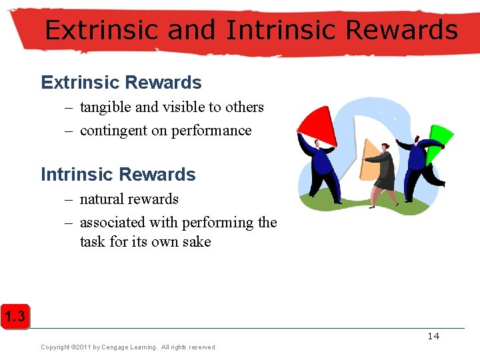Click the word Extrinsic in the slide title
coord(101,31)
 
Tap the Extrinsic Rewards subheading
coord(121,83)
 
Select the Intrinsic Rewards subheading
coord(118,175)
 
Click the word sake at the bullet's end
coord(198,241)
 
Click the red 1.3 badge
coord(15,317)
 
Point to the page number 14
coord(433,336)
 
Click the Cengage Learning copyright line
coord(128,347)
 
